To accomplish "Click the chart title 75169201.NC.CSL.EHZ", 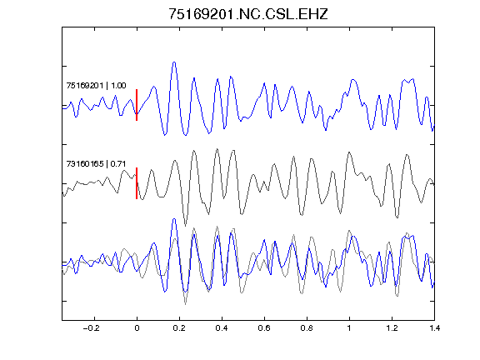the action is [x=248, y=14].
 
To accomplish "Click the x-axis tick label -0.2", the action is [x=91, y=328].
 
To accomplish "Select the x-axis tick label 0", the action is [x=137, y=328].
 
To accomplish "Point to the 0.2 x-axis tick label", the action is [x=179, y=328].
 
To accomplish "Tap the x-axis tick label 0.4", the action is [x=222, y=328].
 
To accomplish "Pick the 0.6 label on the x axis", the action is [x=264, y=328].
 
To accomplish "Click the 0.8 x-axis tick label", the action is [x=307, y=328].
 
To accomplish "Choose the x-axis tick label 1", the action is [x=349, y=328].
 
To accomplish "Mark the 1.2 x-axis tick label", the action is [x=392, y=328].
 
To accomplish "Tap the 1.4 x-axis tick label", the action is [x=434, y=328].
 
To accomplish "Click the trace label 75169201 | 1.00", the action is [x=96, y=85].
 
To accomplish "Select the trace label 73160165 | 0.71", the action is [x=96, y=164].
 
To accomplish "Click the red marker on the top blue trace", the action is [x=137, y=105].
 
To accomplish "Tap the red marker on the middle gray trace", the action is [x=137, y=183].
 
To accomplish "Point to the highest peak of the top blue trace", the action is [x=174, y=62].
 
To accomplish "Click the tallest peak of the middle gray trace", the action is [x=217, y=149].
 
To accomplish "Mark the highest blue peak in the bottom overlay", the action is [x=174, y=219].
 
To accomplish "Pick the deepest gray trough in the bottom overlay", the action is [x=185, y=304].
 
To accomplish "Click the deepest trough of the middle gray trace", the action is [x=185, y=226].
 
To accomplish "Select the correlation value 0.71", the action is [x=118, y=164].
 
